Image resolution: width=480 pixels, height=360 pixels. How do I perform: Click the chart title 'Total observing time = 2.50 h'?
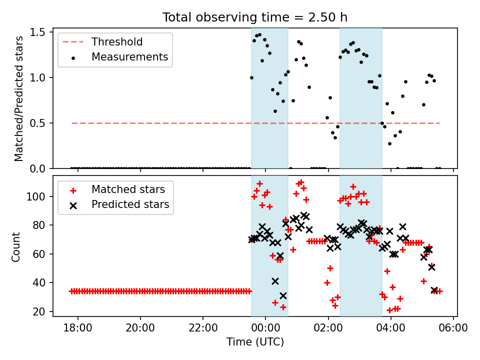point(254,17)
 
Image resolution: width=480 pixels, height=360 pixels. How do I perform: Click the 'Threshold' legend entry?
point(117,41)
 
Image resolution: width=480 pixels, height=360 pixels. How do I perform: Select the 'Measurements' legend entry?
point(130,56)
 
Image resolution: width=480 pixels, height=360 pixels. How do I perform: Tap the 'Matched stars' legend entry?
point(128,189)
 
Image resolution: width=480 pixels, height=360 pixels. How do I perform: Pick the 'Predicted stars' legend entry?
point(130,204)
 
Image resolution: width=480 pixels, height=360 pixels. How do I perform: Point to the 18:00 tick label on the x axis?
point(78,327)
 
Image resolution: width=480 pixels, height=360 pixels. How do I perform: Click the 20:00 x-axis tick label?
point(140,327)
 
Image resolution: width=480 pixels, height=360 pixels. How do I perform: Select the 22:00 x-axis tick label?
point(203,327)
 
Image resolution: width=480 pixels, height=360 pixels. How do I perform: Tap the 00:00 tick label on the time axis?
point(265,327)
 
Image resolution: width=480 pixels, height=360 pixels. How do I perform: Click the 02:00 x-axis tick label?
point(328,327)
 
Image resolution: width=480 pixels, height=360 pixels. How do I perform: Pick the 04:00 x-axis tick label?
point(390,327)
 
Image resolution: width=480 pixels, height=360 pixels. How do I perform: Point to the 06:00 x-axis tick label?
point(453,327)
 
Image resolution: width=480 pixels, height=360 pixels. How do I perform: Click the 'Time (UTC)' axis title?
point(255,341)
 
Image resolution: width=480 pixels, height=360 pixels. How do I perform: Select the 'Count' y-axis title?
point(15,246)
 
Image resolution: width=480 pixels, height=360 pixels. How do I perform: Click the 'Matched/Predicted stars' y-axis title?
point(18,98)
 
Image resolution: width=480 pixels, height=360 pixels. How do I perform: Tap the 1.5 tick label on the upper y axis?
point(37,32)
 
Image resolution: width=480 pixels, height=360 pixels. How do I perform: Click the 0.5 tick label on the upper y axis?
point(37,123)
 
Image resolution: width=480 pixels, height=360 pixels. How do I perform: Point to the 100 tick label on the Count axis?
point(36,196)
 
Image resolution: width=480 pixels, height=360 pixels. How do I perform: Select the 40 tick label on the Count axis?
point(39,282)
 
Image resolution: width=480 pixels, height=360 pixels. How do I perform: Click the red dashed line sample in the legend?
point(73,42)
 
